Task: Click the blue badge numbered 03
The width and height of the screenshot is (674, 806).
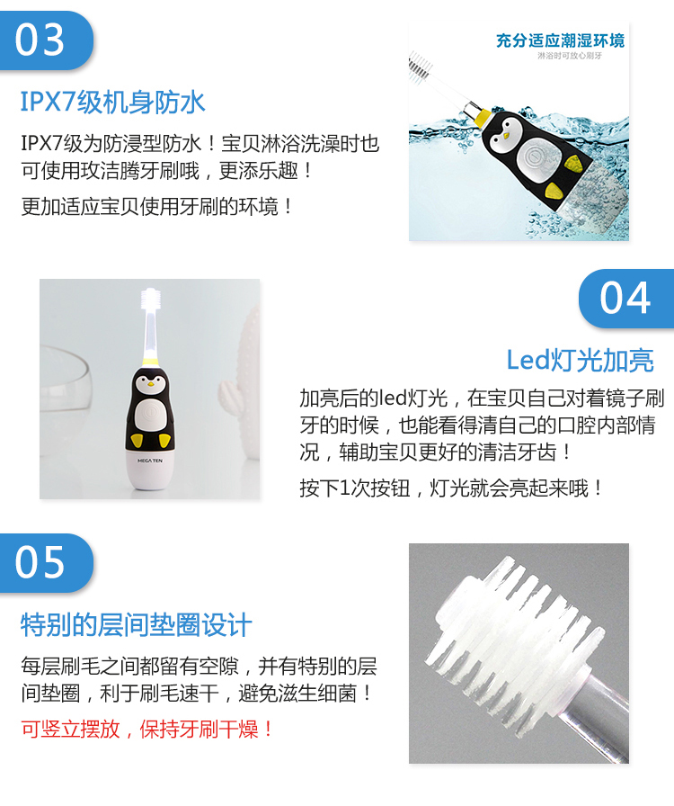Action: [46, 40]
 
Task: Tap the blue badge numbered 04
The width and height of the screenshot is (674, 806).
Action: [626, 298]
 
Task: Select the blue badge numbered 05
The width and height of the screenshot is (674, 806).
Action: [46, 563]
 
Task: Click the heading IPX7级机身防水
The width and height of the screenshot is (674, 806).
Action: [112, 102]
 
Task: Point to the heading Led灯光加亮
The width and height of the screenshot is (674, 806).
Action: [580, 360]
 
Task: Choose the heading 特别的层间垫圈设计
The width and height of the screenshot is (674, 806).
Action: [136, 625]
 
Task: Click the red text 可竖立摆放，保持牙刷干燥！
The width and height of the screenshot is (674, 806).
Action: [148, 729]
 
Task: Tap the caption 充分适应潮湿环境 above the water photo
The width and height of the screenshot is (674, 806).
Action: [560, 40]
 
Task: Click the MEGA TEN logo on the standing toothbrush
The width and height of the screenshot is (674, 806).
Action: [149, 461]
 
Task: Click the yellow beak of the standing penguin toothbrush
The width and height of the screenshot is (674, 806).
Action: [150, 383]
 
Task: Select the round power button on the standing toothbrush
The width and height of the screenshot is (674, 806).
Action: [149, 413]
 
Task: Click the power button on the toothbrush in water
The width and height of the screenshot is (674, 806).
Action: [533, 156]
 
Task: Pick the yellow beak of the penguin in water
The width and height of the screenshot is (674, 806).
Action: [507, 136]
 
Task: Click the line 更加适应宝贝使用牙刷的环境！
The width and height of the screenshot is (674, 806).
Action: [157, 207]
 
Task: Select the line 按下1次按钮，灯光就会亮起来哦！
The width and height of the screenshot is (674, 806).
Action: [451, 488]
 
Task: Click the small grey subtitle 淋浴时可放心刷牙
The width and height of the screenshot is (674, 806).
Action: [570, 56]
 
